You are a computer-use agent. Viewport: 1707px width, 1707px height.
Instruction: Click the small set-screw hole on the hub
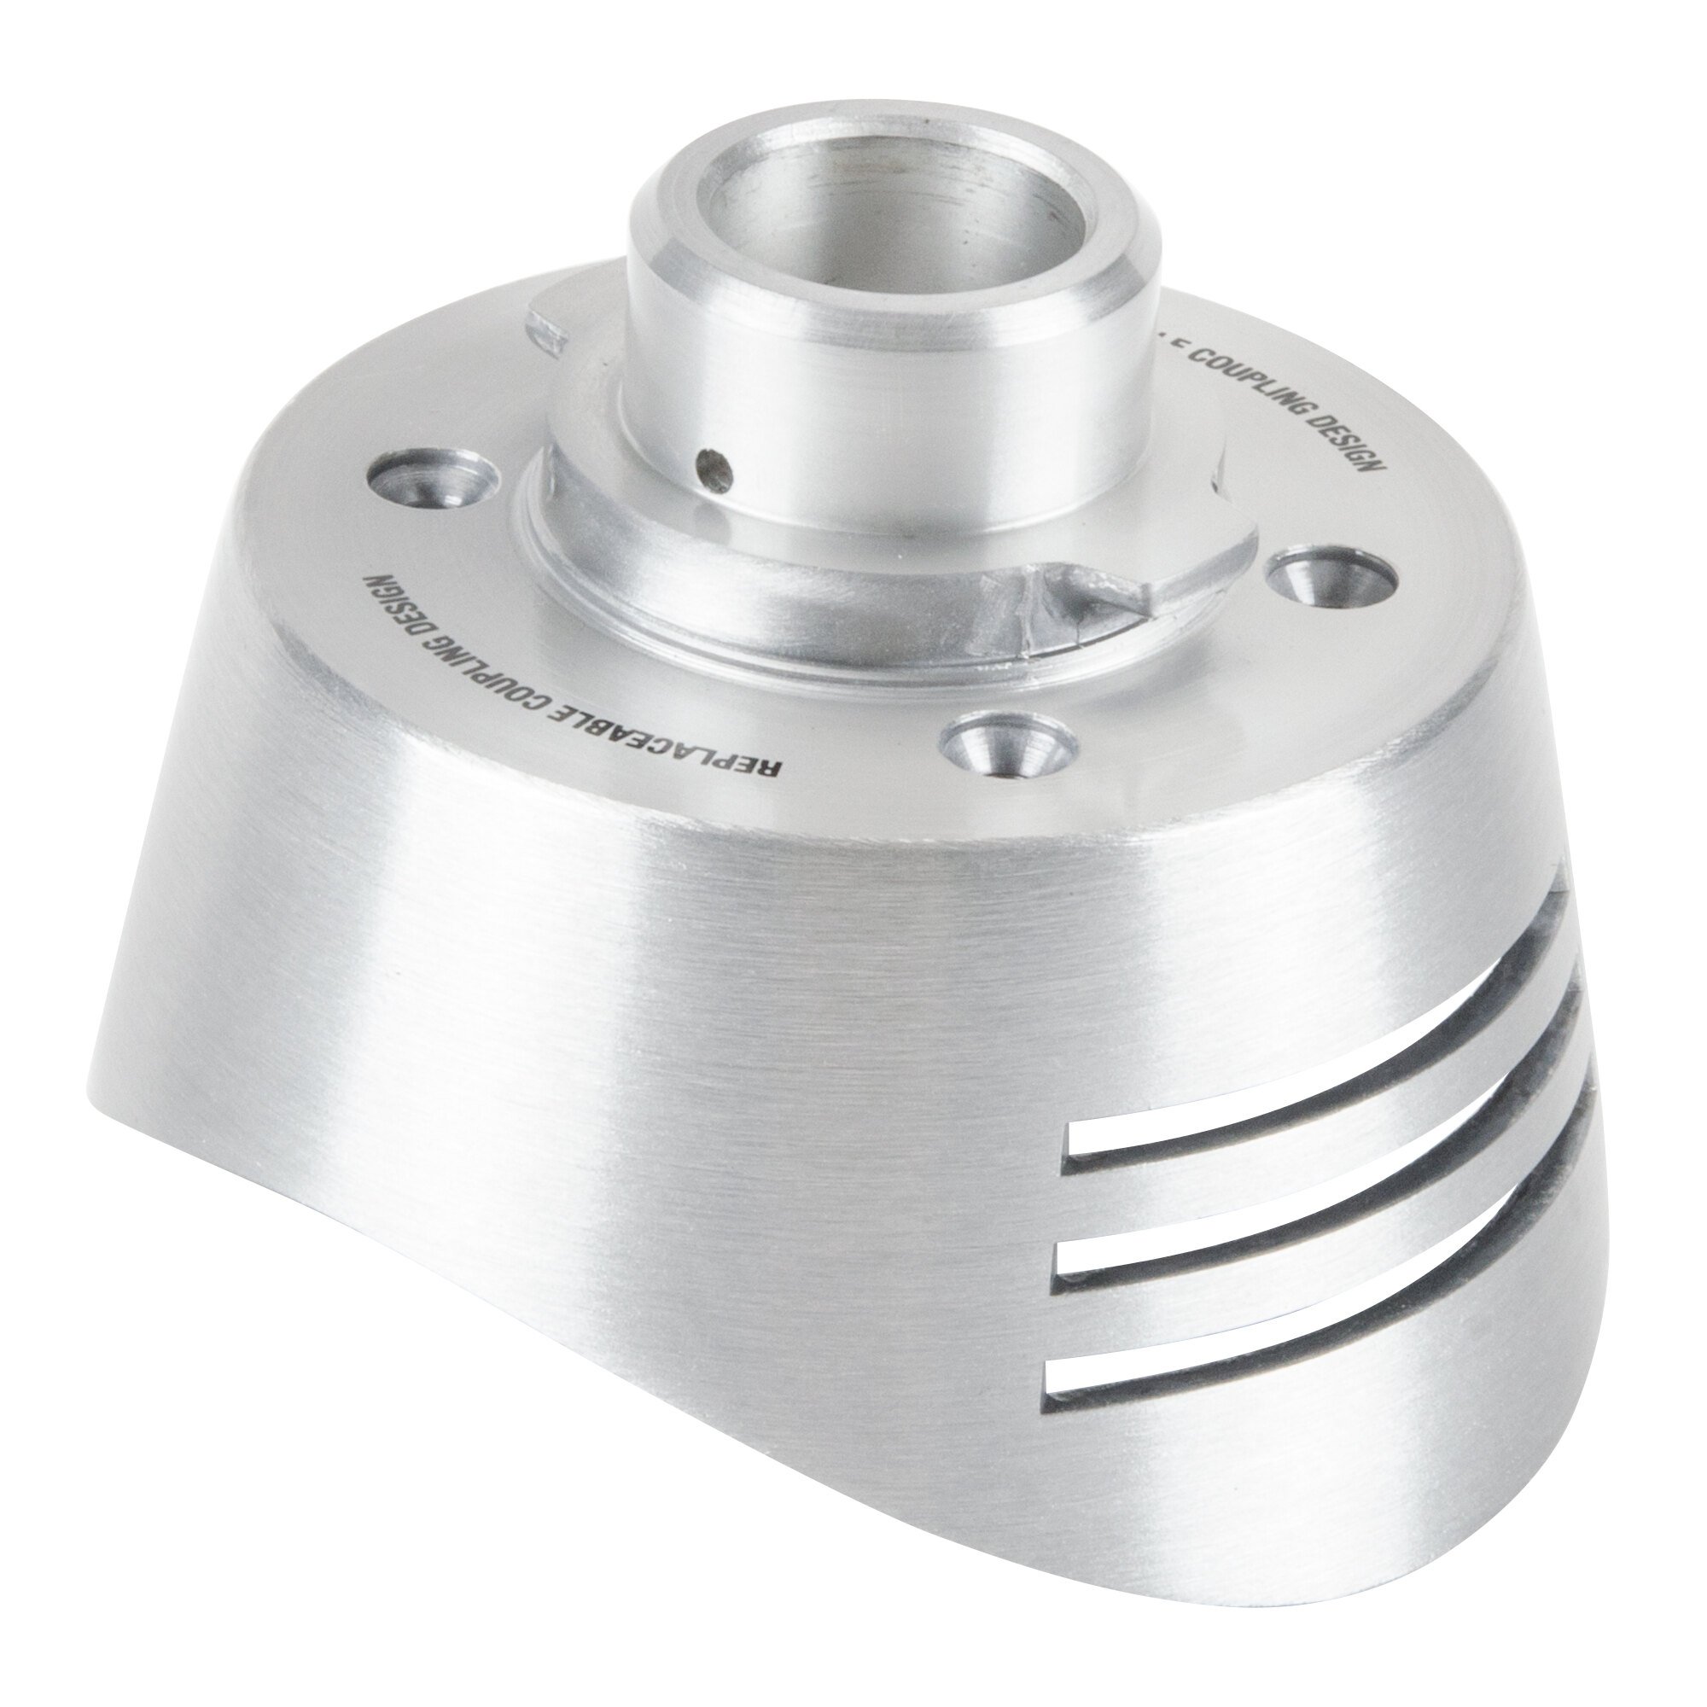coord(714,469)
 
